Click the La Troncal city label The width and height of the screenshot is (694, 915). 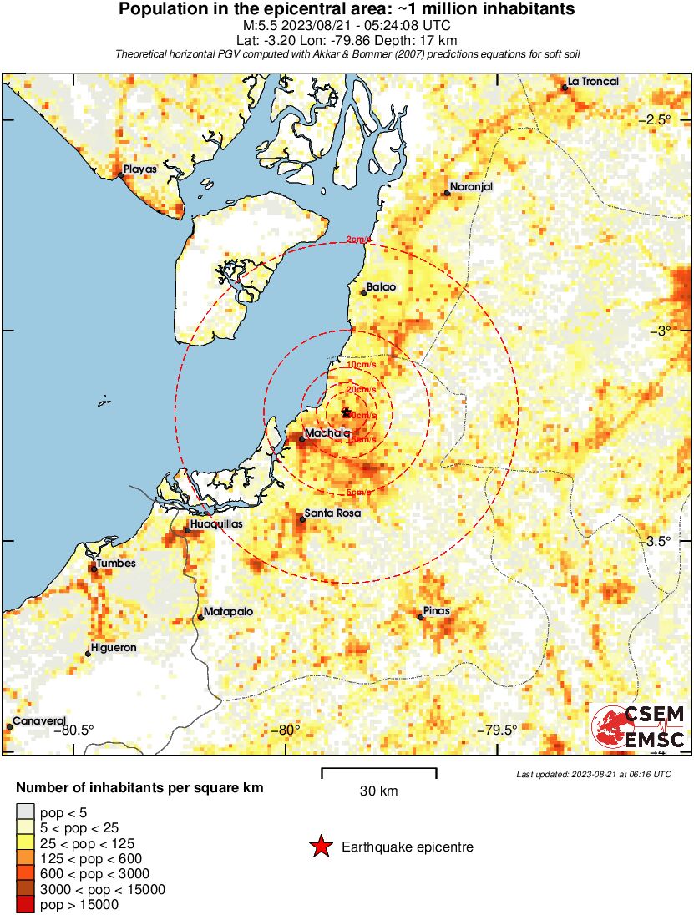(x=593, y=82)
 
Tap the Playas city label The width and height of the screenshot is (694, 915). (x=140, y=169)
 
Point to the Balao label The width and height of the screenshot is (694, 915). (x=381, y=286)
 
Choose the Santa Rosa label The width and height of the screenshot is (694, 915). (x=332, y=513)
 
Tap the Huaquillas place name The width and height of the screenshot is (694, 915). (x=216, y=524)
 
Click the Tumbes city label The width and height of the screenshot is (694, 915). (x=115, y=564)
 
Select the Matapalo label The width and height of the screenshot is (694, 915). (x=225, y=613)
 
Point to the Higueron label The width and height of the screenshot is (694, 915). (x=113, y=648)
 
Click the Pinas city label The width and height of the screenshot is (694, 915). (x=436, y=611)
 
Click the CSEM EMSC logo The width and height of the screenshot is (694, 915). (x=640, y=726)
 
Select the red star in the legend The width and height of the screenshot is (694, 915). (x=320, y=847)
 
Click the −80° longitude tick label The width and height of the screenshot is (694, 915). (x=287, y=730)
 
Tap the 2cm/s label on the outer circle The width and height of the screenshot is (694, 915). (x=357, y=240)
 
